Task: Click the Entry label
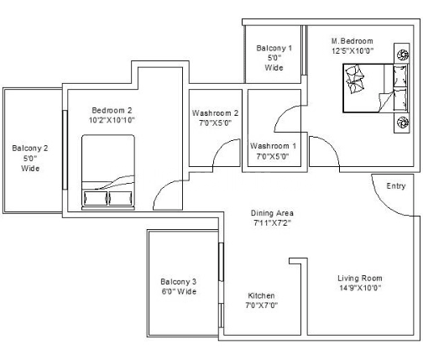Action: click(396, 186)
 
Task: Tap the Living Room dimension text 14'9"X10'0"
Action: click(360, 288)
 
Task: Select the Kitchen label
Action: click(261, 295)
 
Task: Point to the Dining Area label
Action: click(272, 213)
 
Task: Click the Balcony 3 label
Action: click(179, 282)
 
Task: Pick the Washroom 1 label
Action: click(273, 146)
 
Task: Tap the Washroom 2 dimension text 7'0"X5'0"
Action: click(215, 123)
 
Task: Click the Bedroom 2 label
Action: click(112, 111)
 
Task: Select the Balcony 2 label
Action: click(30, 149)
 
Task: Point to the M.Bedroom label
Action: click(352, 41)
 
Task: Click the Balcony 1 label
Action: click(274, 48)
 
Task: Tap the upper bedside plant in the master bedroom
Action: click(403, 54)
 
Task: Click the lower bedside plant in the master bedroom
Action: click(403, 123)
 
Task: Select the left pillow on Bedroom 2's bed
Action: click(96, 198)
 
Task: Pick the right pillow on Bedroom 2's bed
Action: click(120, 198)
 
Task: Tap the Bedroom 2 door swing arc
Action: click(162, 189)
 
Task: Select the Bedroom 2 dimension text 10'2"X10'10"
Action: click(112, 120)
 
